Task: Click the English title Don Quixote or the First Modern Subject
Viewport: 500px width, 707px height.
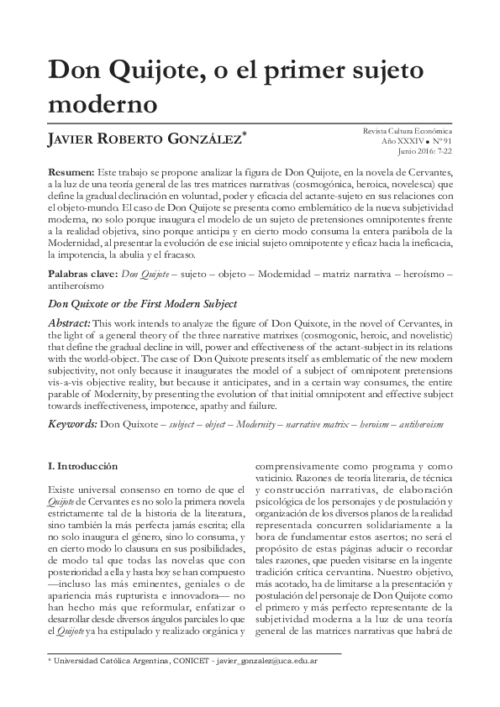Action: click(142, 303)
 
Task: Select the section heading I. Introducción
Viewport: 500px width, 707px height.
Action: click(83, 465)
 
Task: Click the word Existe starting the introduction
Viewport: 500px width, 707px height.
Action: click(64, 488)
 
